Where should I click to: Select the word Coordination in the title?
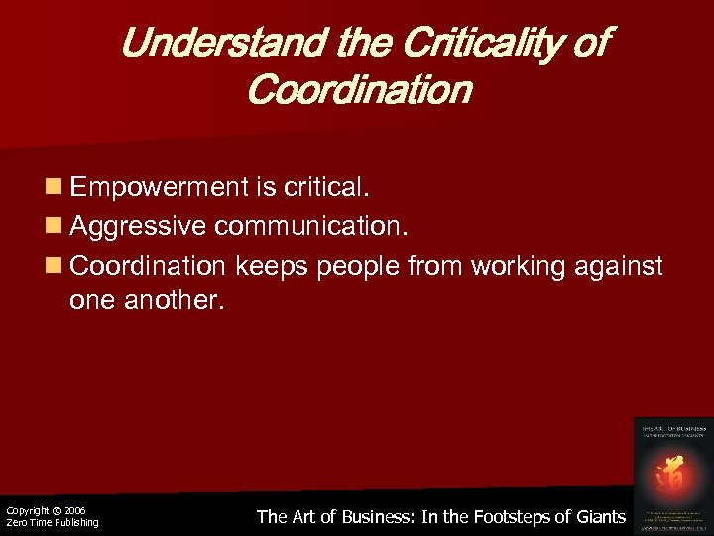(358, 91)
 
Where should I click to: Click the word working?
(508, 266)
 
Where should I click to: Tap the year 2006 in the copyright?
(75, 510)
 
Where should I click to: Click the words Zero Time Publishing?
(52, 523)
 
